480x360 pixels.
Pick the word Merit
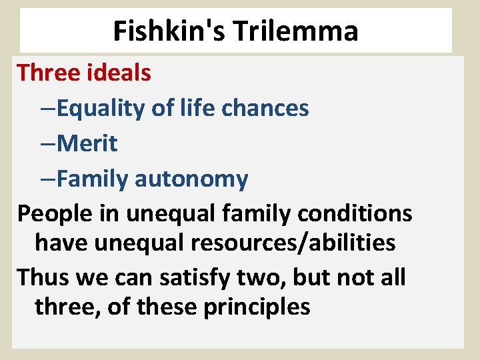(x=87, y=143)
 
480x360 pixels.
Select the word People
(x=51, y=214)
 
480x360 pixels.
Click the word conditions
(x=361, y=214)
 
